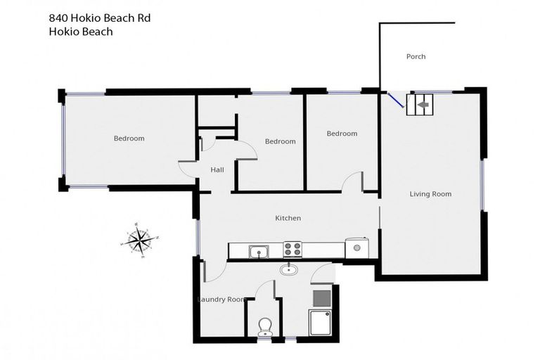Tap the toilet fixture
(266, 326)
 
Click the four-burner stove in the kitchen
(292, 249)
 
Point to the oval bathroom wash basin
(288, 269)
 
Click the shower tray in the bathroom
(320, 323)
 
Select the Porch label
(416, 57)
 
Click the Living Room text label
(430, 194)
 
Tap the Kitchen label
(288, 218)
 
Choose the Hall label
(217, 169)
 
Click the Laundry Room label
(222, 300)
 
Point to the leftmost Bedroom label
(129, 139)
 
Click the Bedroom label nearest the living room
(342, 134)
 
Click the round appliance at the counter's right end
(357, 247)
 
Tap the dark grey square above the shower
(320, 296)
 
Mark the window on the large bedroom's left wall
(63, 141)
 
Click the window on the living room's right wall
(482, 185)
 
